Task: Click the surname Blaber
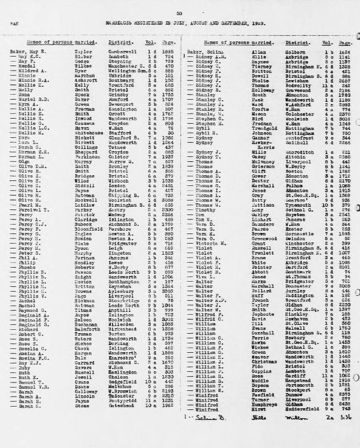point(82,57)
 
